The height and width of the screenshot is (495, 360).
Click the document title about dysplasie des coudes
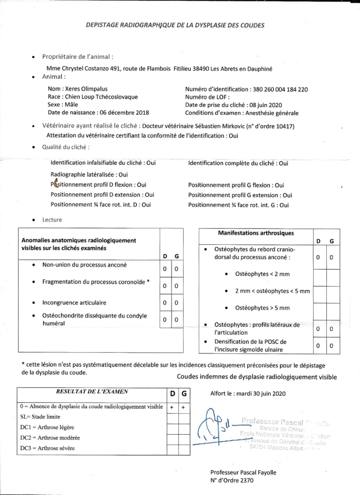pyautogui.click(x=175, y=25)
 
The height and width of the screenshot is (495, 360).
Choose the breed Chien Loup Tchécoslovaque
pyautogui.click(x=102, y=97)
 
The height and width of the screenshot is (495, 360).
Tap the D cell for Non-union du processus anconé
pyautogui.click(x=165, y=269)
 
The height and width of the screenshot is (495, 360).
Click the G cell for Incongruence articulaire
pyautogui.click(x=177, y=302)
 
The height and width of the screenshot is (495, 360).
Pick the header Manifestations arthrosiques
pyautogui.click(x=256, y=233)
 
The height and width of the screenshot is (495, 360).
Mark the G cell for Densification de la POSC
pyautogui.click(x=331, y=346)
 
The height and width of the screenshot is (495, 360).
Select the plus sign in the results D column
pyautogui.click(x=172, y=407)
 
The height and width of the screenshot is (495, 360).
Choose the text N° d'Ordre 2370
pyautogui.click(x=232, y=480)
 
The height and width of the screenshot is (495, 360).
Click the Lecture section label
pyautogui.click(x=52, y=220)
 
